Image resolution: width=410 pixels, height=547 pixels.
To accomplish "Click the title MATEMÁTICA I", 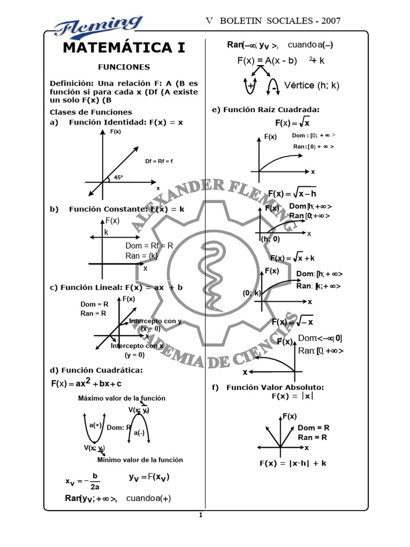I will [x=124, y=48].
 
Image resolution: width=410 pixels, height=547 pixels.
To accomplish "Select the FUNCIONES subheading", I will [x=124, y=67].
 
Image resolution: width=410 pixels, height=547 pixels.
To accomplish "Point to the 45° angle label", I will [x=118, y=178].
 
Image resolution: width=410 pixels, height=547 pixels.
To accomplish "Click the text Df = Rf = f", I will [x=159, y=161].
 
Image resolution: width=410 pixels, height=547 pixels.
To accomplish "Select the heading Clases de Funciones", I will [x=91, y=112].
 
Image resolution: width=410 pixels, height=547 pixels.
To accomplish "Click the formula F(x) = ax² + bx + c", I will [x=86, y=383].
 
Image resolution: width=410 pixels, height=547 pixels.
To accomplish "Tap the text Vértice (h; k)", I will [x=312, y=85].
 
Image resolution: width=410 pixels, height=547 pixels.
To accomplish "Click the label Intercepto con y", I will [x=155, y=321].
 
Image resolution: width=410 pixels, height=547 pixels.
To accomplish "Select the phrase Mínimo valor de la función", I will [x=140, y=459].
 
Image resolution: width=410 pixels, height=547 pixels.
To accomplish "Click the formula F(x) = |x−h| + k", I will [x=293, y=463].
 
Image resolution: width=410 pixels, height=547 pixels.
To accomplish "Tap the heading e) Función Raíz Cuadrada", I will [x=265, y=110].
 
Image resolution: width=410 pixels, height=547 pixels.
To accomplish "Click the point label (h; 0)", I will [x=270, y=239].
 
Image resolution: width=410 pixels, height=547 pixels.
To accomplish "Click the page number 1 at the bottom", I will [x=200, y=515].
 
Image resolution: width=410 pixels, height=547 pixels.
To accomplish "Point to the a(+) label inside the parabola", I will [x=96, y=425].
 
